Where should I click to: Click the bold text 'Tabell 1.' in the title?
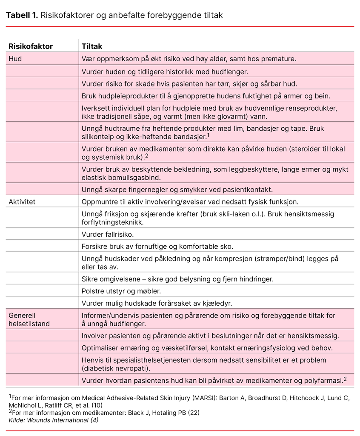click(21, 16)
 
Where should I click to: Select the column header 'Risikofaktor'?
click(31, 46)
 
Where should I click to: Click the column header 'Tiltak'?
click(92, 46)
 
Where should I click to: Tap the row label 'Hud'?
click(15, 59)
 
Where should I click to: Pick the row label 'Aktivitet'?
click(22, 202)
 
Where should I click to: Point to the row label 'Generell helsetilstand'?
click(29, 320)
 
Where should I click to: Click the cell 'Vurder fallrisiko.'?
click(108, 234)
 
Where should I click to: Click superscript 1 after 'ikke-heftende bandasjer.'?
click(209, 135)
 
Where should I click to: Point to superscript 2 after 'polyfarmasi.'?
click(344, 378)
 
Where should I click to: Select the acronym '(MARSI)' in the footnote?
click(197, 398)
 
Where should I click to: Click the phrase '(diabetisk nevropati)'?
click(116, 368)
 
